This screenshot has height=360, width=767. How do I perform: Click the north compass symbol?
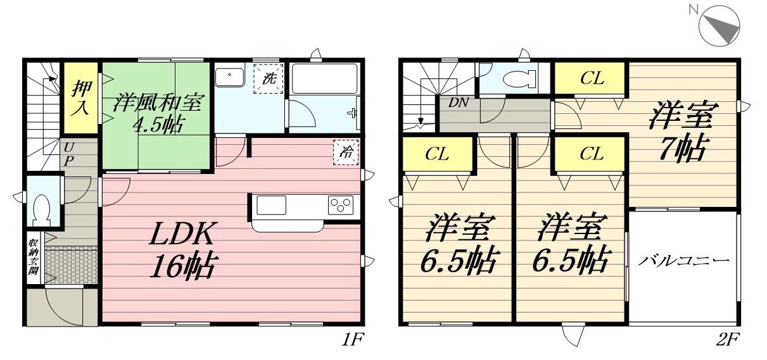[x=719, y=24]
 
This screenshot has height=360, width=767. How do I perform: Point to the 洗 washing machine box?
[x=269, y=79]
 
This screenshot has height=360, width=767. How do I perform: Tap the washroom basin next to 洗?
[x=229, y=77]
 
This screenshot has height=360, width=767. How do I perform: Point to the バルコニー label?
[x=683, y=260]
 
